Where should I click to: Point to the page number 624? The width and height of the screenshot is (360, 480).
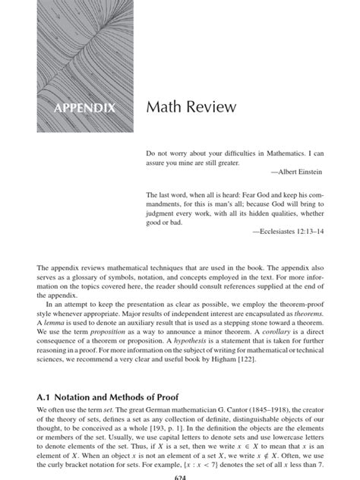coord(180,476)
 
